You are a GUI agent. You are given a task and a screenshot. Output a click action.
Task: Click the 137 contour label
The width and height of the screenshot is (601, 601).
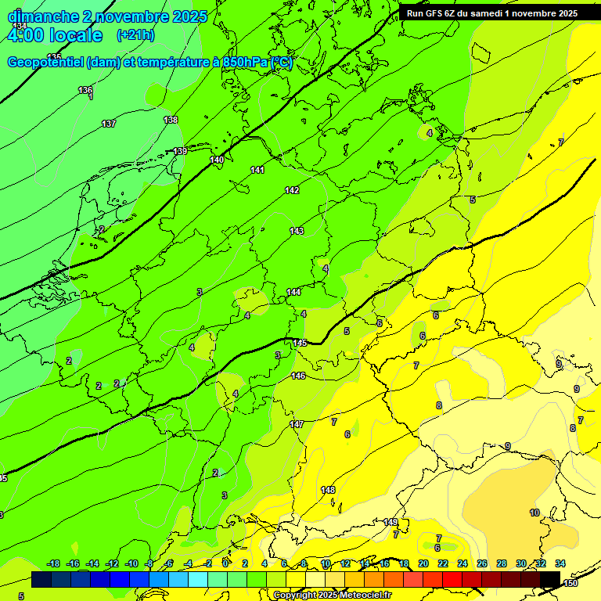tap(109, 124)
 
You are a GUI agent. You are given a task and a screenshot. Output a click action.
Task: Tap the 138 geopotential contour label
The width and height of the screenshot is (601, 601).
tap(171, 119)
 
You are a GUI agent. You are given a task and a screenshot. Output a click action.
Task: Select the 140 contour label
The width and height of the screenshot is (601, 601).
tap(217, 160)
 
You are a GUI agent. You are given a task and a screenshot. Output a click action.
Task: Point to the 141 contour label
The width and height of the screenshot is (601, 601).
tap(257, 170)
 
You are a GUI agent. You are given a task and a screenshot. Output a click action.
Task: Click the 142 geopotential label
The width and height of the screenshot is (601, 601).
tap(292, 190)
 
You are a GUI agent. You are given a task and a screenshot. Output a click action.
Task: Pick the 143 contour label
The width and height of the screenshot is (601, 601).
tap(297, 231)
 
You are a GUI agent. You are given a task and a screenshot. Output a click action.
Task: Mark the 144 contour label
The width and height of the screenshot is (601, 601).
tap(293, 292)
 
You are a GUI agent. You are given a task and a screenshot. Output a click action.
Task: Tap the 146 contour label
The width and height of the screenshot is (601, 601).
tap(298, 376)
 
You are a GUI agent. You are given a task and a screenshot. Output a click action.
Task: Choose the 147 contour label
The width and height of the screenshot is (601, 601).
tap(297, 424)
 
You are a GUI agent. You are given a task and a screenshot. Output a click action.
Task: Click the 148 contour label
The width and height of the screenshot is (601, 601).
tap(328, 490)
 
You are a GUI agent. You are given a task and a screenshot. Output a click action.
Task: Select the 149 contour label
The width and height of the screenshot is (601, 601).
tap(390, 522)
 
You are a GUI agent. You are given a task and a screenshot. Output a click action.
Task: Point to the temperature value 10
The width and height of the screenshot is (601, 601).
tap(534, 513)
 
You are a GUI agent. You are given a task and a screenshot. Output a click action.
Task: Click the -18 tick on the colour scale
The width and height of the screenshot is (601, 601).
tap(53, 563)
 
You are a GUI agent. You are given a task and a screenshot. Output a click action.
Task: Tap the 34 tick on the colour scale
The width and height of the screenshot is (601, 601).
tap(560, 563)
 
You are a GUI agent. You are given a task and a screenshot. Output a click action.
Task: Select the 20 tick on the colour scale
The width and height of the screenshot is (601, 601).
tap(423, 563)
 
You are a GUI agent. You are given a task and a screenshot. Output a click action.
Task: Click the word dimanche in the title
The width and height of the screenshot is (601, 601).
tap(41, 16)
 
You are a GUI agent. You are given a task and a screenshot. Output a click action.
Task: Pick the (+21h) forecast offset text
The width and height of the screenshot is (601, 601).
tap(135, 35)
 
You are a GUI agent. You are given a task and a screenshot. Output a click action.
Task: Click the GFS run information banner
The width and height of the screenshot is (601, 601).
tap(492, 13)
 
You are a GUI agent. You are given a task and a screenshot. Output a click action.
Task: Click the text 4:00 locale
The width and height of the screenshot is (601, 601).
tap(55, 35)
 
